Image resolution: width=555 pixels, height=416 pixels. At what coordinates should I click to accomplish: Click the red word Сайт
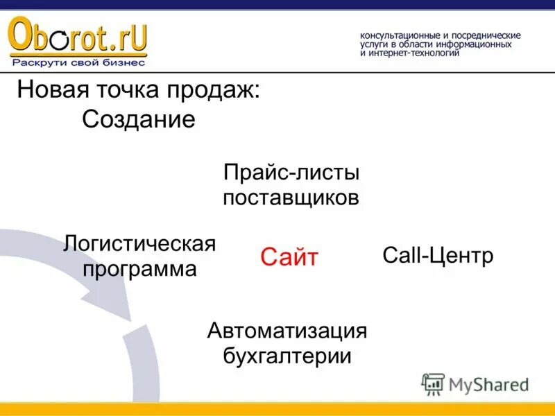(x=289, y=258)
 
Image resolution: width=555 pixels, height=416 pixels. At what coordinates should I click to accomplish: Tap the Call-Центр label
(x=438, y=255)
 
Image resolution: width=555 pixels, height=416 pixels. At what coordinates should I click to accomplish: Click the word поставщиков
(x=291, y=198)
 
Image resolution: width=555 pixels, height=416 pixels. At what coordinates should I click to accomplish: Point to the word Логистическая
(x=139, y=243)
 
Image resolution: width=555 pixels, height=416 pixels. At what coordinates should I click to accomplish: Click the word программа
(x=139, y=269)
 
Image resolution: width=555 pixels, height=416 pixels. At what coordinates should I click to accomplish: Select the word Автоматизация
(x=287, y=330)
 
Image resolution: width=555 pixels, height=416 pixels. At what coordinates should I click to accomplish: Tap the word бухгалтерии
(x=287, y=356)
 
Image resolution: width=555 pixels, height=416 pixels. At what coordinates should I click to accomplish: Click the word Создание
(x=139, y=119)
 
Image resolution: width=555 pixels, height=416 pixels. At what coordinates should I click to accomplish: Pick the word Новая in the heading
(x=49, y=91)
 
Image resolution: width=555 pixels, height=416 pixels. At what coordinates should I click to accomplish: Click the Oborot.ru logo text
(x=78, y=38)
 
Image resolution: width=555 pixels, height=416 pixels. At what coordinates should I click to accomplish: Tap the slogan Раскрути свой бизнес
(x=78, y=62)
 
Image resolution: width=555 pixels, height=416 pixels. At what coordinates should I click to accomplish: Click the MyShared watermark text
(x=488, y=385)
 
